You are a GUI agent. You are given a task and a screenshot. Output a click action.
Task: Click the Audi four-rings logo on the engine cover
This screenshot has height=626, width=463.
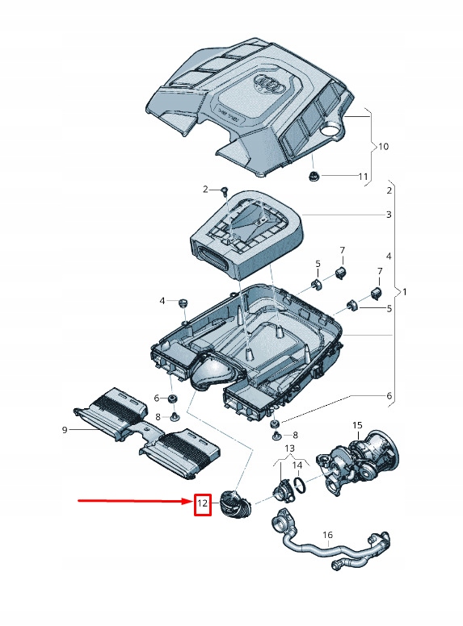click(267, 83)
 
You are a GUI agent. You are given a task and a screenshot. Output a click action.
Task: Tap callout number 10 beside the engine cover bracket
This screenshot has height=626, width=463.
click(383, 147)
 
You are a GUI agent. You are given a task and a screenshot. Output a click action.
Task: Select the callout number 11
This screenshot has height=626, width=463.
click(364, 176)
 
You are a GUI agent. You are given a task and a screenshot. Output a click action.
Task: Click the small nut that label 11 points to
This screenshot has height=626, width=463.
click(314, 176)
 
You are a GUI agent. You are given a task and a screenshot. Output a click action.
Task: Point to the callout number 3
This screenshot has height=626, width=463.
click(389, 215)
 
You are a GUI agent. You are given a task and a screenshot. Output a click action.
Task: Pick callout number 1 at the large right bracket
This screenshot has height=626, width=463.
click(406, 290)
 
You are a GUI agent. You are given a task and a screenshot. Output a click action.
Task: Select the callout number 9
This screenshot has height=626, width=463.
click(65, 430)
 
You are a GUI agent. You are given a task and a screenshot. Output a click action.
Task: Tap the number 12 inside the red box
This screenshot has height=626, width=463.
click(203, 505)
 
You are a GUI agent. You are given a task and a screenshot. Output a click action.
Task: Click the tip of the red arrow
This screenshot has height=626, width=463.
click(190, 502)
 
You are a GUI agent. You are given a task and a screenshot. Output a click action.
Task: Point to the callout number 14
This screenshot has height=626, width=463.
click(297, 465)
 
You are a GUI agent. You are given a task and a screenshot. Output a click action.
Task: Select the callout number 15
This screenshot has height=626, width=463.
click(357, 424)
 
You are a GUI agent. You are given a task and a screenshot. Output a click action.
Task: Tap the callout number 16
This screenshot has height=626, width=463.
click(327, 535)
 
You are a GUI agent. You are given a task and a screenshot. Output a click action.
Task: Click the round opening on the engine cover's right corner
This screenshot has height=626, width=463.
click(330, 129)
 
